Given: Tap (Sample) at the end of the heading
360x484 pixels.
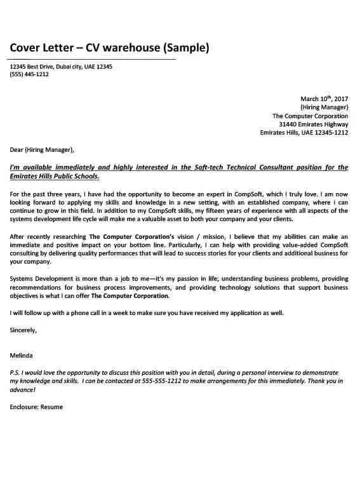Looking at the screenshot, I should (x=185, y=48).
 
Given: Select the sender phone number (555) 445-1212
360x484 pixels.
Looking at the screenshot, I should (x=29, y=74).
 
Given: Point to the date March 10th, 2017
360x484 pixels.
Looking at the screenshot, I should (x=324, y=99).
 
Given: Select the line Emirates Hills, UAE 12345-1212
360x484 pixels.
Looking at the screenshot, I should (x=304, y=133).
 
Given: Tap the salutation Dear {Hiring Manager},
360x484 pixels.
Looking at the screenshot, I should (x=42, y=151).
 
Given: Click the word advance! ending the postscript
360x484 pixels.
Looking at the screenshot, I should (x=22, y=389).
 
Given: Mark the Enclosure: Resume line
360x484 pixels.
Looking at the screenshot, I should (x=36, y=407).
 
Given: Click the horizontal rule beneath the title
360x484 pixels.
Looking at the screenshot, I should (x=92, y=59).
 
